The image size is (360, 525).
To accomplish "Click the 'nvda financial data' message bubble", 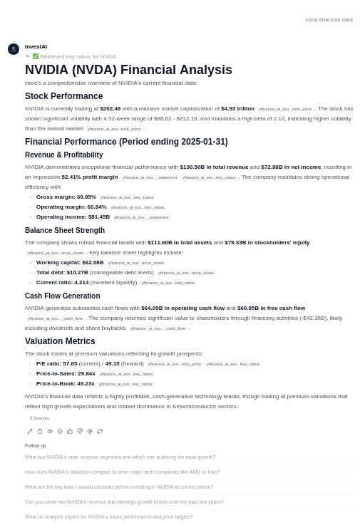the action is (x=329, y=20).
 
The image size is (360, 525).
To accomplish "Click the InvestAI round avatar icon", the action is (x=13, y=49).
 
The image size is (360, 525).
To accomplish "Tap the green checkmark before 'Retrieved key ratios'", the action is (x=36, y=56).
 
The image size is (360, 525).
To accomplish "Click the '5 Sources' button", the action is (x=39, y=418).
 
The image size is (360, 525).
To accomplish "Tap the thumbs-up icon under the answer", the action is (x=70, y=431).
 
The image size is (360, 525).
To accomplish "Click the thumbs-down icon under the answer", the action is (x=80, y=431).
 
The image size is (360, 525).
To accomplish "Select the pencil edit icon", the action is (x=30, y=431).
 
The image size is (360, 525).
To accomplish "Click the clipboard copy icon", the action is (x=40, y=431).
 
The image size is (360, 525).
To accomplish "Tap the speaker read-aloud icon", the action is (x=50, y=431).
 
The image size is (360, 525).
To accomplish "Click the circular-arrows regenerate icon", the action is (x=100, y=431).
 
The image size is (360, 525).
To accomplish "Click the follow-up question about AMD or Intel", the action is (x=122, y=472).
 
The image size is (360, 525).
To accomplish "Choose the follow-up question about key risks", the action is (x=118, y=487).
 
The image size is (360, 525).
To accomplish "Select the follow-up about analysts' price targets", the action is (x=108, y=517).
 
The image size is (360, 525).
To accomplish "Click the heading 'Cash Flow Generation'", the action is (x=62, y=296).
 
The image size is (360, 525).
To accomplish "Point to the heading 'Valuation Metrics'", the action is (x=60, y=341).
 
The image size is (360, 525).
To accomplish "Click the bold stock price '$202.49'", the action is (x=110, y=108).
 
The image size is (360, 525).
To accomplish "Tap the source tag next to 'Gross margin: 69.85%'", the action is (x=127, y=197).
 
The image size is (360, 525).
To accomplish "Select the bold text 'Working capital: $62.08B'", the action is (x=70, y=262).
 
